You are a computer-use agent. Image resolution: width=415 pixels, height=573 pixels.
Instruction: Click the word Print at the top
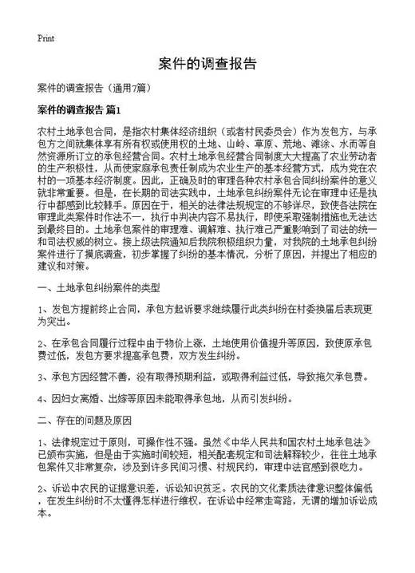[45, 38]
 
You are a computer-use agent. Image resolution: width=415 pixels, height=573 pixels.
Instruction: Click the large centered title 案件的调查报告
[207, 64]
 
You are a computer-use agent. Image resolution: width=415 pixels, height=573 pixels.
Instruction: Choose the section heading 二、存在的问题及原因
[88, 418]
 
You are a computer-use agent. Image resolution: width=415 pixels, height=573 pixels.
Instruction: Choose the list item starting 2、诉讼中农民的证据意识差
[204, 498]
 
